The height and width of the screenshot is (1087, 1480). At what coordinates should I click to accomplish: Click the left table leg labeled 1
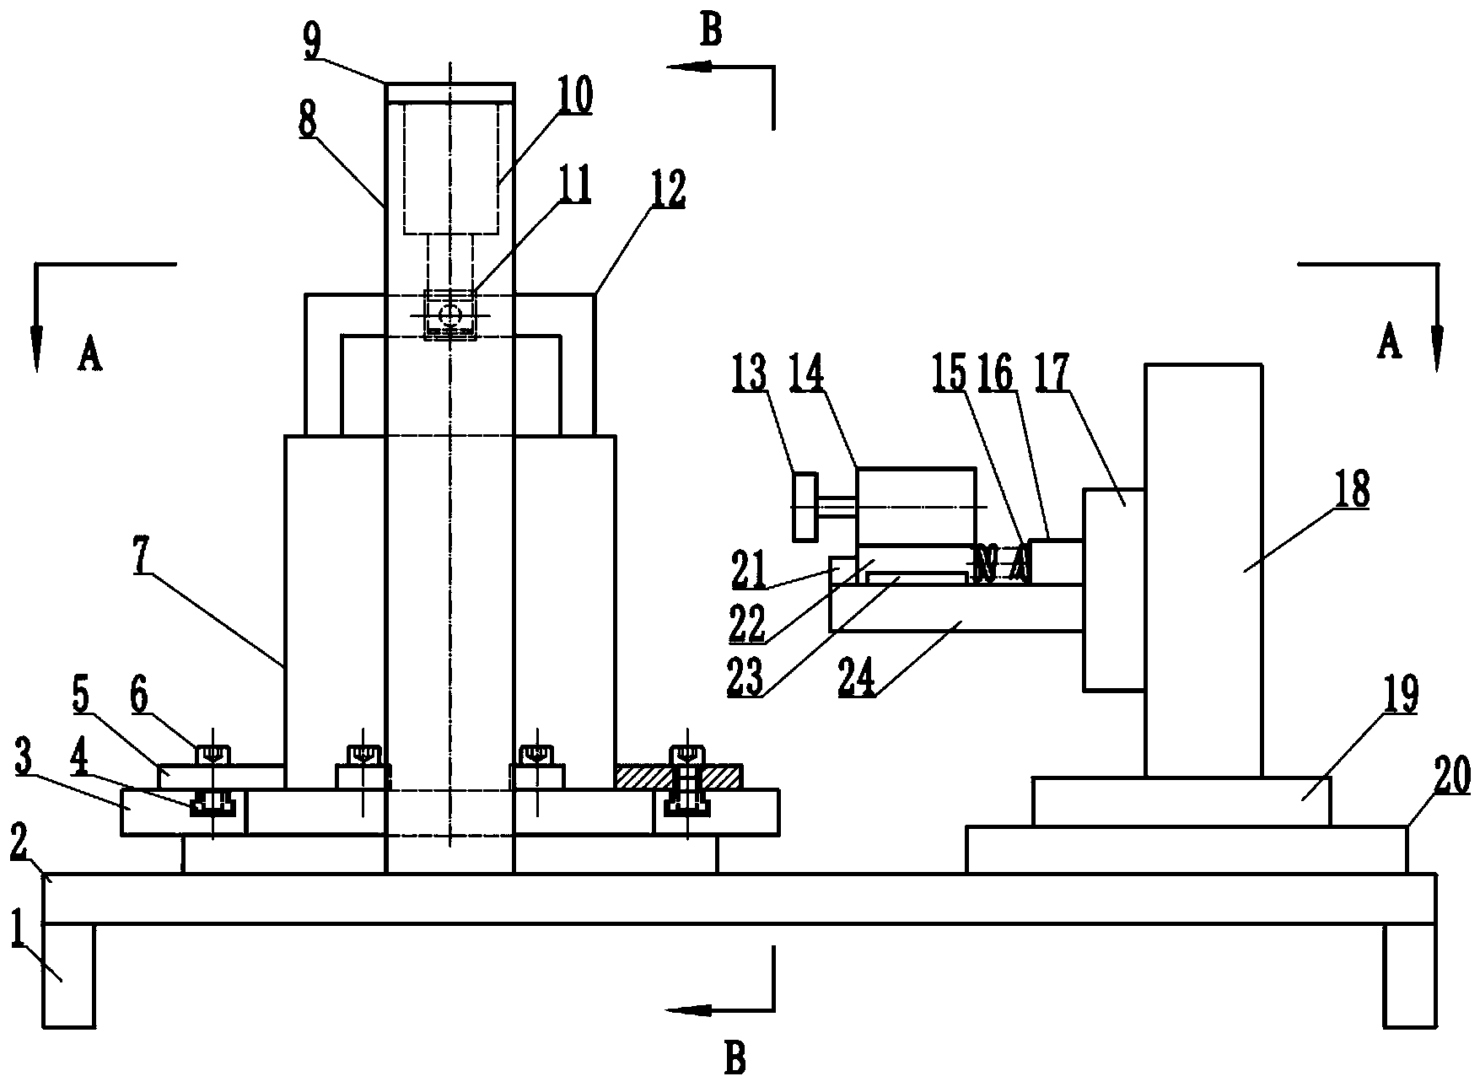point(68,976)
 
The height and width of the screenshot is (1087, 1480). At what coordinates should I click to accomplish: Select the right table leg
point(1409,976)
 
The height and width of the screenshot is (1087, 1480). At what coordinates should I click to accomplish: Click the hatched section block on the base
point(679,777)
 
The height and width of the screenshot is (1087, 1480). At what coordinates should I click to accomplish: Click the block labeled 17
point(1114,589)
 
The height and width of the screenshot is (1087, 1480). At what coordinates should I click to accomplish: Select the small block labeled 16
point(1057,562)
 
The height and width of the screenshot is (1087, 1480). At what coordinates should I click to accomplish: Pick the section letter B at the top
point(711,31)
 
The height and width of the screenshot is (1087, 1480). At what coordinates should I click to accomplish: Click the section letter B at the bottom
point(735,1057)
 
